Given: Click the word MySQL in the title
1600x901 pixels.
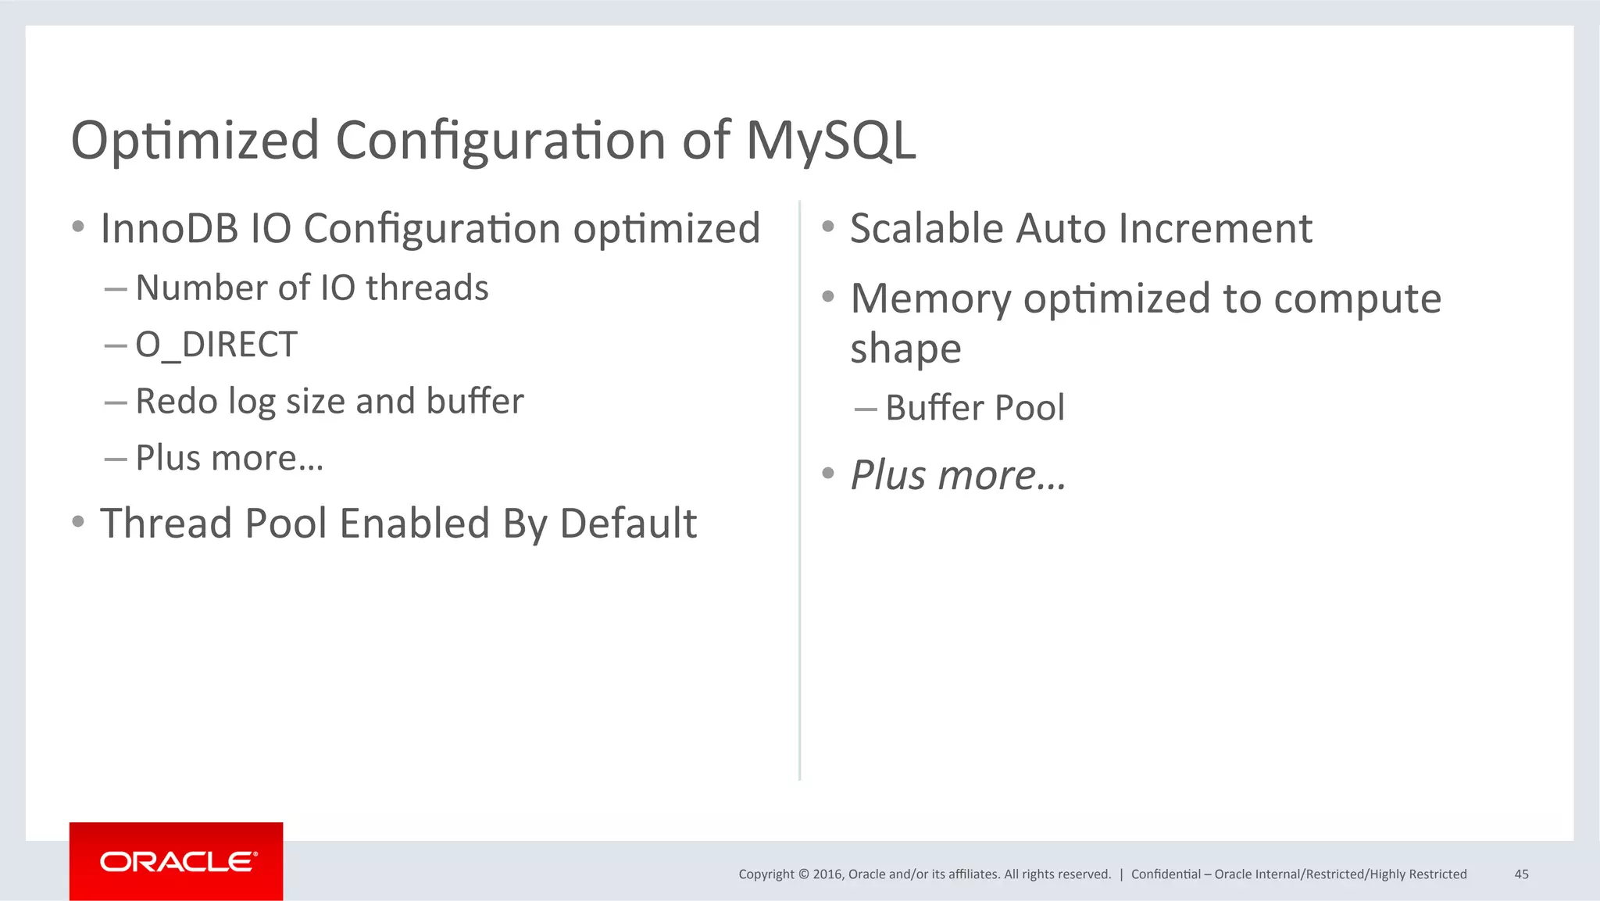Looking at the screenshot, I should click(830, 141).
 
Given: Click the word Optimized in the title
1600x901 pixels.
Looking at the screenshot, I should click(195, 141).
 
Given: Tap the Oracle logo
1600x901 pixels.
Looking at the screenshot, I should click(177, 861).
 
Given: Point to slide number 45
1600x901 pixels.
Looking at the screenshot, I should click(1521, 874).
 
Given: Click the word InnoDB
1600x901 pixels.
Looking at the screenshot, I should click(170, 229).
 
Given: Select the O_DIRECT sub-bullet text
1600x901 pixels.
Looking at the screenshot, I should click(216, 345).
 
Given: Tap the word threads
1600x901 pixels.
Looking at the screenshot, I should click(427, 288).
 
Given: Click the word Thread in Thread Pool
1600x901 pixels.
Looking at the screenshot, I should click(166, 524).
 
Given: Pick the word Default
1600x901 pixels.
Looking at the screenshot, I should click(628, 524).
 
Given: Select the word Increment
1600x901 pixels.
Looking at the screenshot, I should click(1215, 229).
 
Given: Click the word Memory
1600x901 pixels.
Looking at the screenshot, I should click(930, 299).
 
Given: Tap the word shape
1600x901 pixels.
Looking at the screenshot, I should click(905, 349).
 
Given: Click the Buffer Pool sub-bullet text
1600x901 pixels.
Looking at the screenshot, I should click(974, 408).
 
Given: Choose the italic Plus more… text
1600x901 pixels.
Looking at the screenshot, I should click(958, 475).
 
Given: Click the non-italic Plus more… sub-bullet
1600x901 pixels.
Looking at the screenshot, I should click(229, 458).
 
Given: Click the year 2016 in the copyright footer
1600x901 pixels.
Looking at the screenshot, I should click(827, 874).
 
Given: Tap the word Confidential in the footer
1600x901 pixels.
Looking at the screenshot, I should click(1166, 874).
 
